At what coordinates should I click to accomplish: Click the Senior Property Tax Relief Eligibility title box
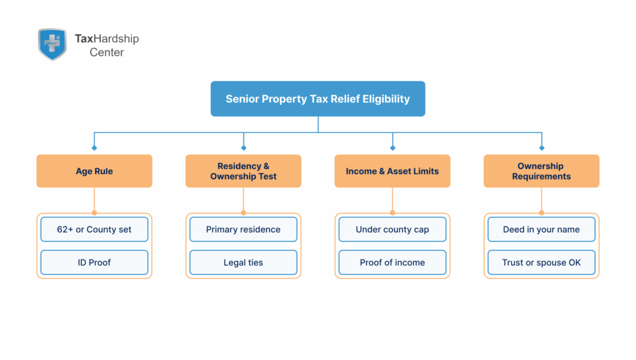pos(317,99)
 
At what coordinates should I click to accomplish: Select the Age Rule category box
pos(94,171)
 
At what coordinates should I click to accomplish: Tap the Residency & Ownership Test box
pos(243,171)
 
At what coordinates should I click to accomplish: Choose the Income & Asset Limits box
pos(393,171)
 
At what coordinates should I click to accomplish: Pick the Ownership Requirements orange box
pos(541,171)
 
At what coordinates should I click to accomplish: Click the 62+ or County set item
pos(94,230)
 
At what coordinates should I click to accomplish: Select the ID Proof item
pos(94,263)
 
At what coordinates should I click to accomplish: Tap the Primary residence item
pos(243,230)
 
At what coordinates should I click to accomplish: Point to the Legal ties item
pos(243,263)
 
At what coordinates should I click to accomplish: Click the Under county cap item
pos(393,230)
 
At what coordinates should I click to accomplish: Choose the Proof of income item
pos(393,263)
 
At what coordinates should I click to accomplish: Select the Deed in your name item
pos(541,230)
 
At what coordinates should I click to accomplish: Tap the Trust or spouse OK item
pos(541,263)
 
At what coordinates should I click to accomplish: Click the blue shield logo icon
pos(52,44)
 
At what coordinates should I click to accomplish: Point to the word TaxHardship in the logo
pos(107,38)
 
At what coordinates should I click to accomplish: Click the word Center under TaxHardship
pos(107,53)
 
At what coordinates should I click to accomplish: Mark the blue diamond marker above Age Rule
pos(94,148)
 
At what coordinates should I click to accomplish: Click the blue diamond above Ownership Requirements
pos(542,148)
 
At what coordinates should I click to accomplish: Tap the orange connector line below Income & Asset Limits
pos(393,200)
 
